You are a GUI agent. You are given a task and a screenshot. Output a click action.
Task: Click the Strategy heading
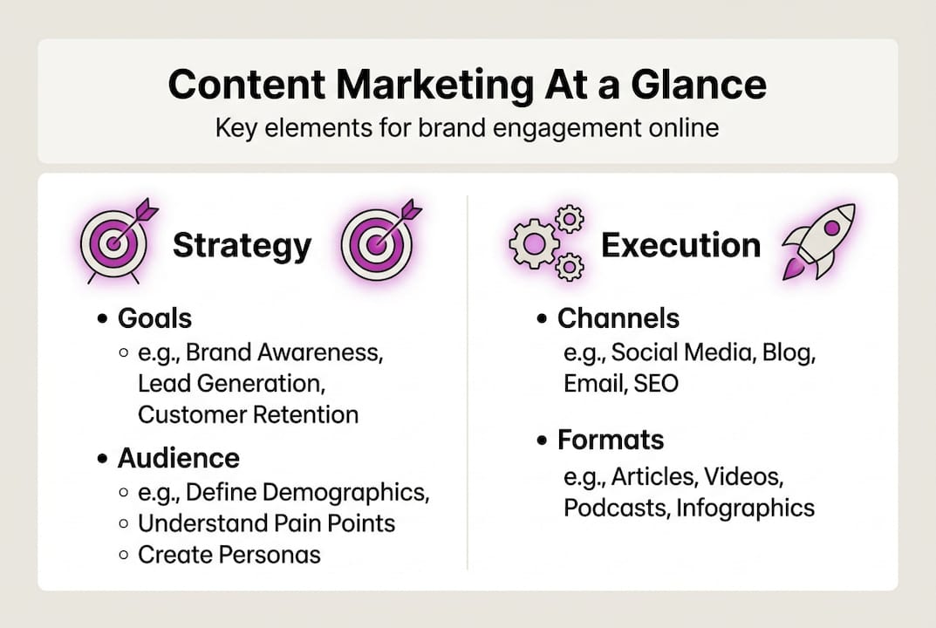point(242,245)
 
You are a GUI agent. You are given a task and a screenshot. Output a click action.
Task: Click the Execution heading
point(680,245)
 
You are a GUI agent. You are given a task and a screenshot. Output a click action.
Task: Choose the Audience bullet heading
point(178,458)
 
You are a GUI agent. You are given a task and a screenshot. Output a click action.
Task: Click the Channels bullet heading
point(618,318)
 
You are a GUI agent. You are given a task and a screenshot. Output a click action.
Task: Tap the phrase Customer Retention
point(248,414)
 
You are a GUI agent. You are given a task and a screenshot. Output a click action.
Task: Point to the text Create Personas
point(229,554)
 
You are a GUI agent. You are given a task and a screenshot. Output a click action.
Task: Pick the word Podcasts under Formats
point(616,508)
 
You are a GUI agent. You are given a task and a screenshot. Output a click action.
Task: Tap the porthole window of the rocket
point(831,228)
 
